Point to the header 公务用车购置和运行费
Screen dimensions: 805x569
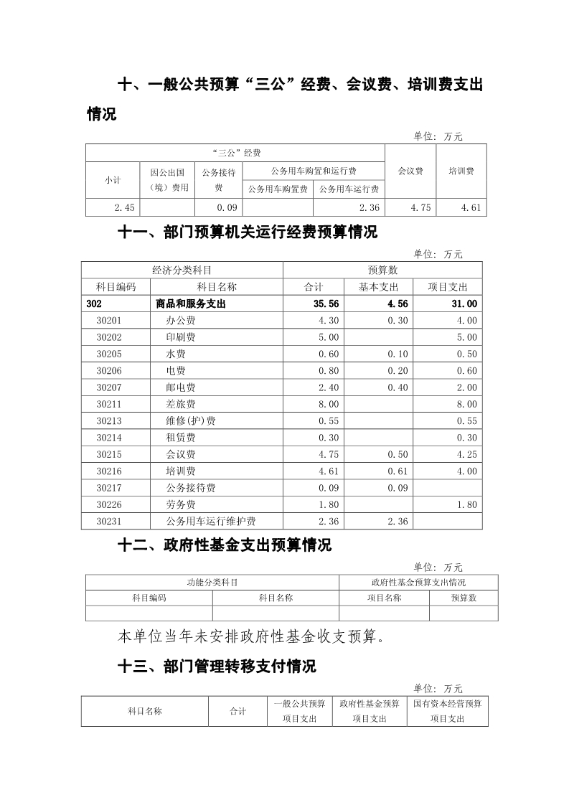point(314,171)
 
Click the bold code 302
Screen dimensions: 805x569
point(94,304)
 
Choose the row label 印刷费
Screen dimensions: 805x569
point(181,337)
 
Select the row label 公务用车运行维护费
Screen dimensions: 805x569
point(211,522)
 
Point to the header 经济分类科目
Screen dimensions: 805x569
point(182,270)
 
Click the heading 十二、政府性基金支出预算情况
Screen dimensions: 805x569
point(225,545)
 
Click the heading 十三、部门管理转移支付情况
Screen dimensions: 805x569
point(217,667)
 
